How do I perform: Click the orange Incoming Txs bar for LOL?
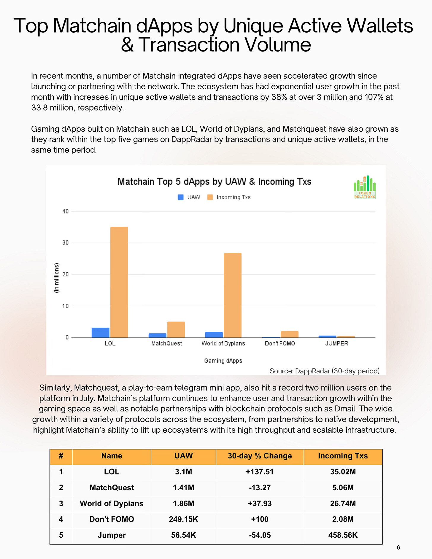coord(119,282)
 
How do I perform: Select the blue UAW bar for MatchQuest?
coord(157,335)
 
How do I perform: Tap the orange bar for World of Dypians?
coord(232,295)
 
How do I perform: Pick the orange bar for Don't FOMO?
coord(289,334)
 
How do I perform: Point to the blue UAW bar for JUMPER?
coord(327,337)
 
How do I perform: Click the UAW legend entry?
coord(189,197)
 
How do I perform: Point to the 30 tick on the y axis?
coord(65,243)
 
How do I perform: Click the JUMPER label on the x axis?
coord(336,343)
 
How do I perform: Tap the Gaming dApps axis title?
coord(223,361)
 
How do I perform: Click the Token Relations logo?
coord(365,187)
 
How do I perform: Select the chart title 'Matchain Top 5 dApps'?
coord(214,181)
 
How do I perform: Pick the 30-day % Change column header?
coord(260,456)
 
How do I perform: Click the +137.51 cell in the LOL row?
coord(260,472)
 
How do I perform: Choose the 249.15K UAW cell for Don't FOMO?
coord(183,519)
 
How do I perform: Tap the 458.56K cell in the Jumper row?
coord(343,535)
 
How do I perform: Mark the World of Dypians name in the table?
coord(112,503)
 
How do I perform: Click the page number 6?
coord(398,547)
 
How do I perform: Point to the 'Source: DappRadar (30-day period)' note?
coord(324,371)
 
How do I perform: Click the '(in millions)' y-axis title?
coord(57,278)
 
